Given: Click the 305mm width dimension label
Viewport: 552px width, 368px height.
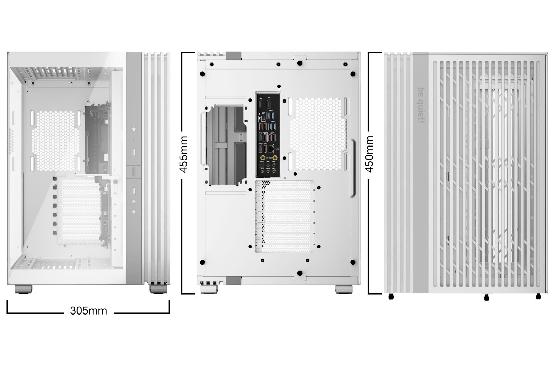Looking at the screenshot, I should (x=88, y=310).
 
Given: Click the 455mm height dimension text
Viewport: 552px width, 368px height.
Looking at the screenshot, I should (x=184, y=154).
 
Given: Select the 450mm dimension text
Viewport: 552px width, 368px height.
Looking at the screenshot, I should (x=369, y=154).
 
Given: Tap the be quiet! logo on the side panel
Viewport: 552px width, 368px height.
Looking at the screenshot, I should (x=420, y=105).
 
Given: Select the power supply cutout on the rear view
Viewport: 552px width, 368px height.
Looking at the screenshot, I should (x=226, y=146).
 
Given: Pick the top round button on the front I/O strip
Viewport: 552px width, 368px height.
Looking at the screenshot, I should (x=134, y=129).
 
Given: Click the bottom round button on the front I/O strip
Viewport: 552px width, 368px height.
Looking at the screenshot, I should (x=134, y=212).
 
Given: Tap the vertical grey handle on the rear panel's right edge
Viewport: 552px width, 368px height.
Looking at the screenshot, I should (x=353, y=168).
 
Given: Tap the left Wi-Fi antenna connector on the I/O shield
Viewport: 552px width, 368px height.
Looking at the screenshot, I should (x=263, y=158).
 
